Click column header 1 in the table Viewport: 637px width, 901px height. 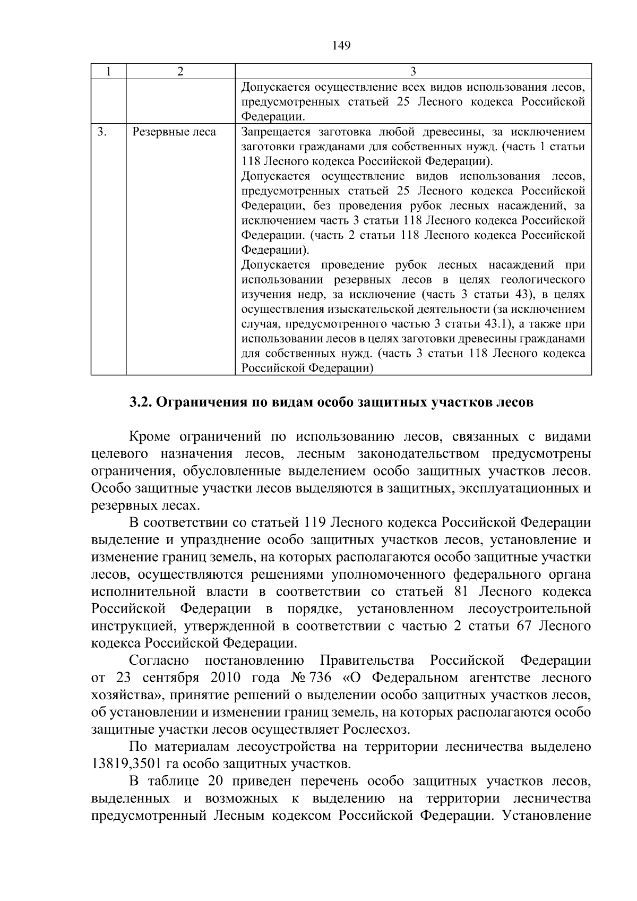108,72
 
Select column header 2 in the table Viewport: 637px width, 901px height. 180,72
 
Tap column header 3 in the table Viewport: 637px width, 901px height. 413,72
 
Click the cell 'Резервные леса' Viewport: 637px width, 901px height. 174,132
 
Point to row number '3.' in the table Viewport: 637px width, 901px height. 102,132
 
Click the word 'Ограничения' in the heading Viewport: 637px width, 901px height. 201,402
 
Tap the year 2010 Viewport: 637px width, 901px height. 226,678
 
